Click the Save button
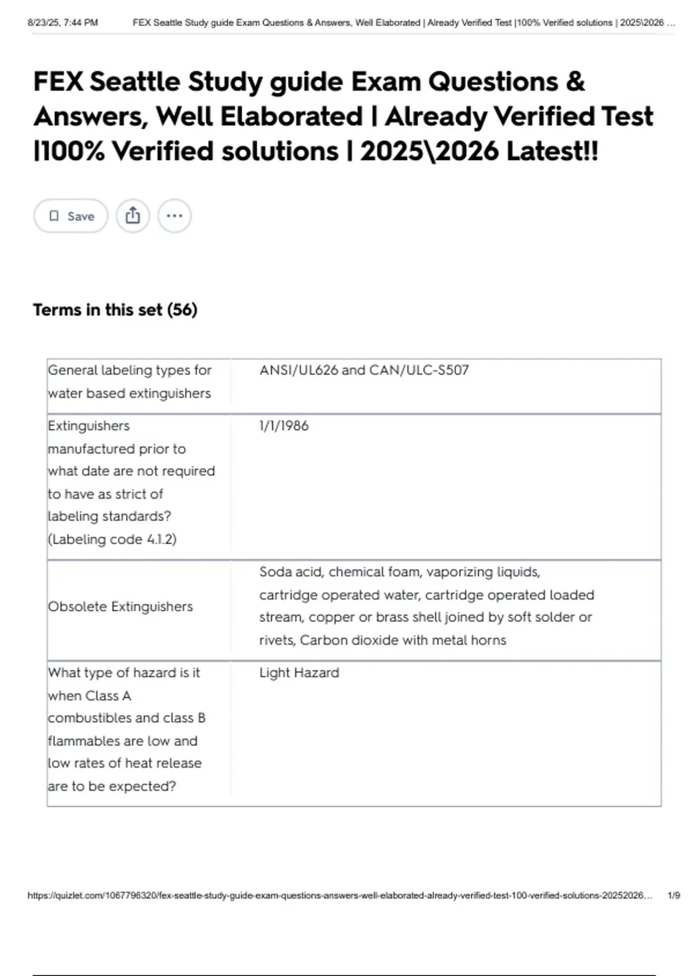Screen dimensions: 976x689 (71, 216)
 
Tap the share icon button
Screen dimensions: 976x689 (133, 216)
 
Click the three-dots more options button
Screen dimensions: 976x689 (174, 216)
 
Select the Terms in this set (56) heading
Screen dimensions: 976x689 (115, 310)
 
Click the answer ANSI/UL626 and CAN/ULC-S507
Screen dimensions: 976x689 (364, 370)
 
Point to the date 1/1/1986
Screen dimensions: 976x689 (284, 426)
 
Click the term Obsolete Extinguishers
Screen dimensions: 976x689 (121, 607)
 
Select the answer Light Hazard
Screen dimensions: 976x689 (299, 673)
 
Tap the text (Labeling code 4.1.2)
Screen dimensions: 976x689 (113, 540)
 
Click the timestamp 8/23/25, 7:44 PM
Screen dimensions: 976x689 (63, 23)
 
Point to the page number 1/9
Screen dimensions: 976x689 (673, 896)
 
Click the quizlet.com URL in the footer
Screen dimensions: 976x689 (339, 896)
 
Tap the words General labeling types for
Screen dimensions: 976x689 (130, 370)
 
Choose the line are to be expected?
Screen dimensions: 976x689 (112, 786)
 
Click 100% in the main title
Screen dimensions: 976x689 (70, 152)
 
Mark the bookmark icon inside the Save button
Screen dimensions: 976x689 (54, 216)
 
